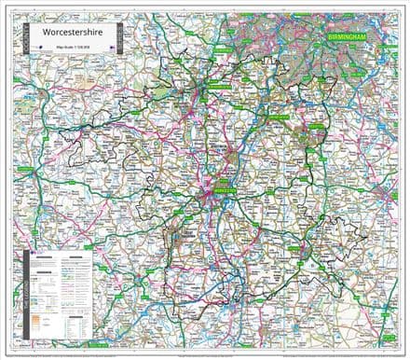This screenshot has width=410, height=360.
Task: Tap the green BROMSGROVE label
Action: click(x=277, y=118)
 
